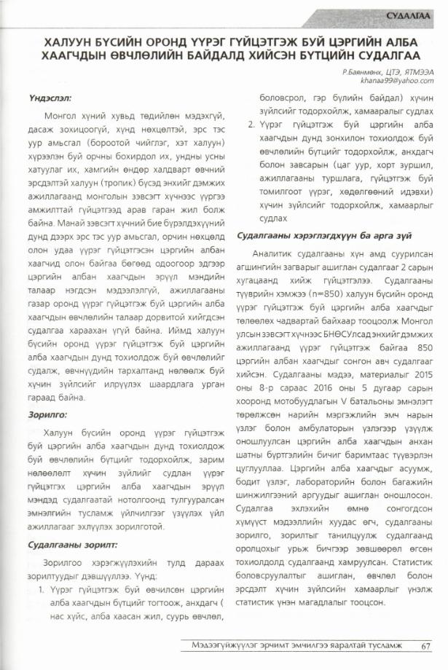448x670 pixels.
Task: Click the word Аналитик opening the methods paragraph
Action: click(274, 253)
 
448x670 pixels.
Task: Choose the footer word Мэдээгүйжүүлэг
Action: click(221, 645)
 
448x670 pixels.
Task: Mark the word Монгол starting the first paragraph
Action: click(60, 115)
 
